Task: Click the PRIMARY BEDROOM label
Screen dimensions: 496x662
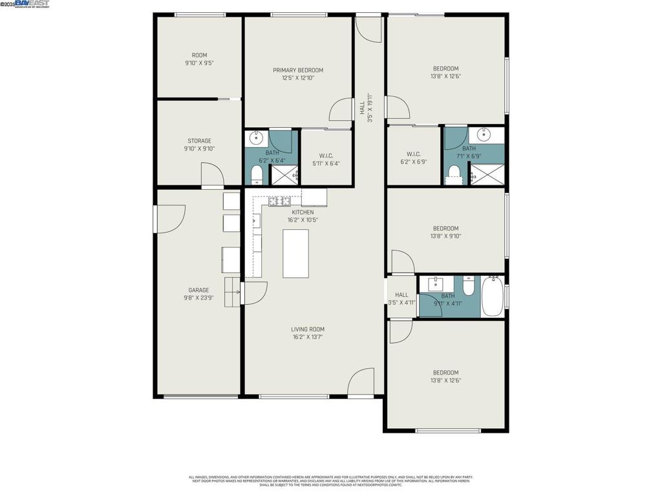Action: coord(298,70)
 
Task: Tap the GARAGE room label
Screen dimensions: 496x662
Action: coord(198,291)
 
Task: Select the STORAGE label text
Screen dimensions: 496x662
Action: coord(199,141)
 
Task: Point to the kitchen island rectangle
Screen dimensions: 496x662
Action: coord(295,253)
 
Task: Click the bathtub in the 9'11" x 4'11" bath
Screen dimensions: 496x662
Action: coord(492,296)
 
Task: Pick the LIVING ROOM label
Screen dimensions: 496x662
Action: coord(307,329)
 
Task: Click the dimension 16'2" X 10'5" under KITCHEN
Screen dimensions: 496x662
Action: coord(303,220)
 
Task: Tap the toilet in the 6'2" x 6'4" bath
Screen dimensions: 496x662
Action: coord(257,175)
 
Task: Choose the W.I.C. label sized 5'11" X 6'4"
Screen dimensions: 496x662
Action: coord(326,156)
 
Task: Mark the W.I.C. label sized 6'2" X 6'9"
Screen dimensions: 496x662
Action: coord(414,154)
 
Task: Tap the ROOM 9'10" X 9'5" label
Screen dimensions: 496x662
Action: coord(199,56)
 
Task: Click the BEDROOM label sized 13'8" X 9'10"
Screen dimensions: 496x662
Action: coord(445,229)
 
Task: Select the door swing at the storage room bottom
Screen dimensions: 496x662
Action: coord(211,175)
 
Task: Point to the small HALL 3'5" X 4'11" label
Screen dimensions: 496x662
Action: coord(401,295)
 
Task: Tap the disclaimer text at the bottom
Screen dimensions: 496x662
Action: coord(330,480)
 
